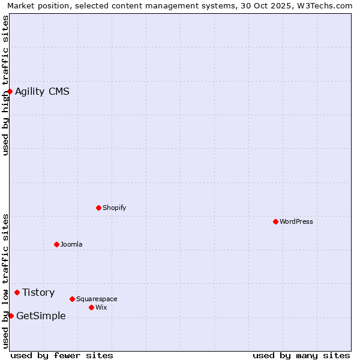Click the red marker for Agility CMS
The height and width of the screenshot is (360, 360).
[x=10, y=91]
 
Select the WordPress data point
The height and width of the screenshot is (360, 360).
[x=275, y=221]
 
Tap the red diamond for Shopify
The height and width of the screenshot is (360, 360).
[x=98, y=208]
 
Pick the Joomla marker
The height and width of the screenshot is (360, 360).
[x=56, y=244]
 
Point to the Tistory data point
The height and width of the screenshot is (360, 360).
[x=17, y=292]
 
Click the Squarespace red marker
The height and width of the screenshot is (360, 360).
[x=72, y=299]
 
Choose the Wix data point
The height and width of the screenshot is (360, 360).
[x=91, y=307]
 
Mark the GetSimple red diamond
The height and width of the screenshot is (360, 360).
[x=11, y=316]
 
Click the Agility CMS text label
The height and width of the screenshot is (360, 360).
[x=42, y=91]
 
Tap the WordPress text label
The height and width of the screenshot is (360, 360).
[x=296, y=221]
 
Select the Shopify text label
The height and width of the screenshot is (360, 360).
[x=114, y=208]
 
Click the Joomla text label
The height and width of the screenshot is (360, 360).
[x=71, y=244]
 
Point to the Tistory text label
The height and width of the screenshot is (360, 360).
[x=38, y=292]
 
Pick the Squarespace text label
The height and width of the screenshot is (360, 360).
[x=97, y=299]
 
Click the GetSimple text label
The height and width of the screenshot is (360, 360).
[x=41, y=316]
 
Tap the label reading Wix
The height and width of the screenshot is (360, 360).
[x=101, y=307]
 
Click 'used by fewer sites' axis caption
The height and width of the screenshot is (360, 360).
[x=62, y=355]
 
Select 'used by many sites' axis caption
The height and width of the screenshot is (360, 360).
[x=301, y=355]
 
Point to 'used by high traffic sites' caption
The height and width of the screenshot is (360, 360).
[x=6, y=85]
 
